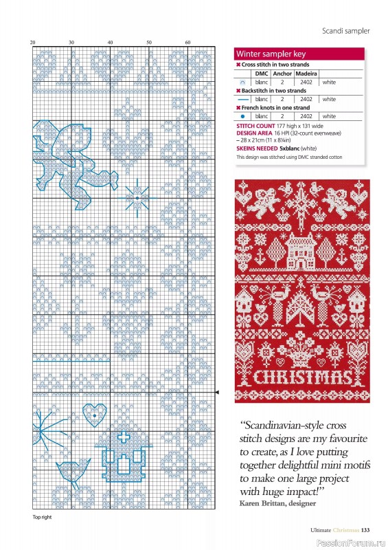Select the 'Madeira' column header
click(306, 73)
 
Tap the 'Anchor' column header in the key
click(282, 73)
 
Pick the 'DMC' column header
click(262, 73)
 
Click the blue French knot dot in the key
click(242, 116)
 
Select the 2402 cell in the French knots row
click(306, 116)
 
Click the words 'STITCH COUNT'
click(255, 126)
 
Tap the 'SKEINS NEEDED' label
click(257, 148)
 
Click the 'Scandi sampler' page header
click(345, 31)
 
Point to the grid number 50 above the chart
click(148, 43)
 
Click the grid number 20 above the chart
click(32, 43)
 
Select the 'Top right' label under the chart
click(42, 517)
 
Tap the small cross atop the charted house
click(124, 438)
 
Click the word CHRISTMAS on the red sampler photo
click(302, 377)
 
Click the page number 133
click(366, 529)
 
